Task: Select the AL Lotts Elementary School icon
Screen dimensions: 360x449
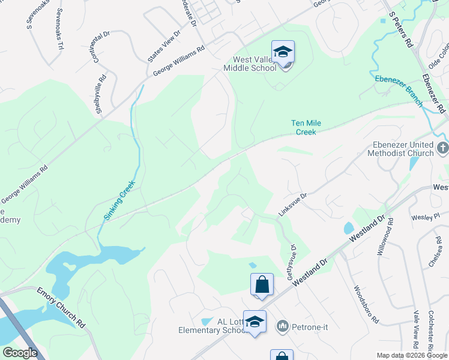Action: pyautogui.click(x=255, y=322)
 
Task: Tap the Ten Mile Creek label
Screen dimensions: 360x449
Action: pyautogui.click(x=306, y=127)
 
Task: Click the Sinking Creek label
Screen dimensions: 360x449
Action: pyautogui.click(x=119, y=200)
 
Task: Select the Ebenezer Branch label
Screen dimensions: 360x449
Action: pyautogui.click(x=399, y=91)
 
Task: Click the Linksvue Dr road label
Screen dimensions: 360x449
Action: pyautogui.click(x=292, y=205)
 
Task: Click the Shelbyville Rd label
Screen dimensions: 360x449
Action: pyautogui.click(x=101, y=93)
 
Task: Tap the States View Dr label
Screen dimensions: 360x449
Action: pyautogui.click(x=164, y=46)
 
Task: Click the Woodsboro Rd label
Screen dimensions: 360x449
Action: pyautogui.click(x=366, y=304)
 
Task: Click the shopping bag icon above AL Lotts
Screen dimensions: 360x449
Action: pyautogui.click(x=262, y=284)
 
